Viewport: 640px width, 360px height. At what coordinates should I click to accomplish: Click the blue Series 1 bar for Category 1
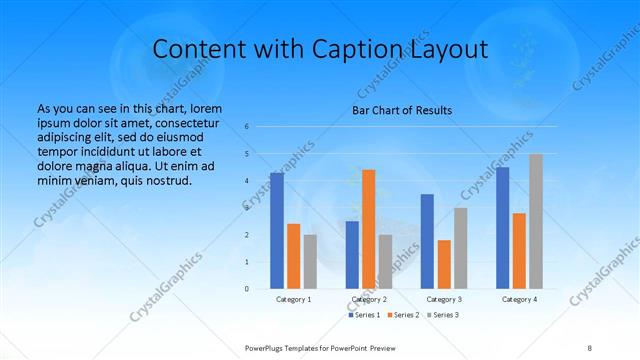click(277, 231)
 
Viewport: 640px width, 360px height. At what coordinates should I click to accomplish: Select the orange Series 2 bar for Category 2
click(368, 229)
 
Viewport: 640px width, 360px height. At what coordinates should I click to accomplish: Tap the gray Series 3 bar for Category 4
click(536, 221)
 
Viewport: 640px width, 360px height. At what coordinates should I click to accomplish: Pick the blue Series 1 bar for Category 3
click(427, 241)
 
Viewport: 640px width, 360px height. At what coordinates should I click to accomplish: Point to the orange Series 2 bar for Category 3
click(444, 264)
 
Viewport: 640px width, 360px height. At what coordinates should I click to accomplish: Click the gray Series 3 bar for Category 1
click(310, 261)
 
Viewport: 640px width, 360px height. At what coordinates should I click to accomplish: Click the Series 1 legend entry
click(364, 315)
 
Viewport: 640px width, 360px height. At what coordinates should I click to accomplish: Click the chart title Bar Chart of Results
click(402, 110)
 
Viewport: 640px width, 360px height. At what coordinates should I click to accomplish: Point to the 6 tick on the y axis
click(247, 127)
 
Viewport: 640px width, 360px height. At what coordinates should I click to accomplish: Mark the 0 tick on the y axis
click(247, 289)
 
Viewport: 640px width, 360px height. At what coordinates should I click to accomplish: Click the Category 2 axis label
click(368, 299)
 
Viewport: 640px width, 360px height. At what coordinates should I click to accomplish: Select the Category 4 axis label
click(519, 299)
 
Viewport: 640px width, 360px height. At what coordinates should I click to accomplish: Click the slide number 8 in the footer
click(590, 347)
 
